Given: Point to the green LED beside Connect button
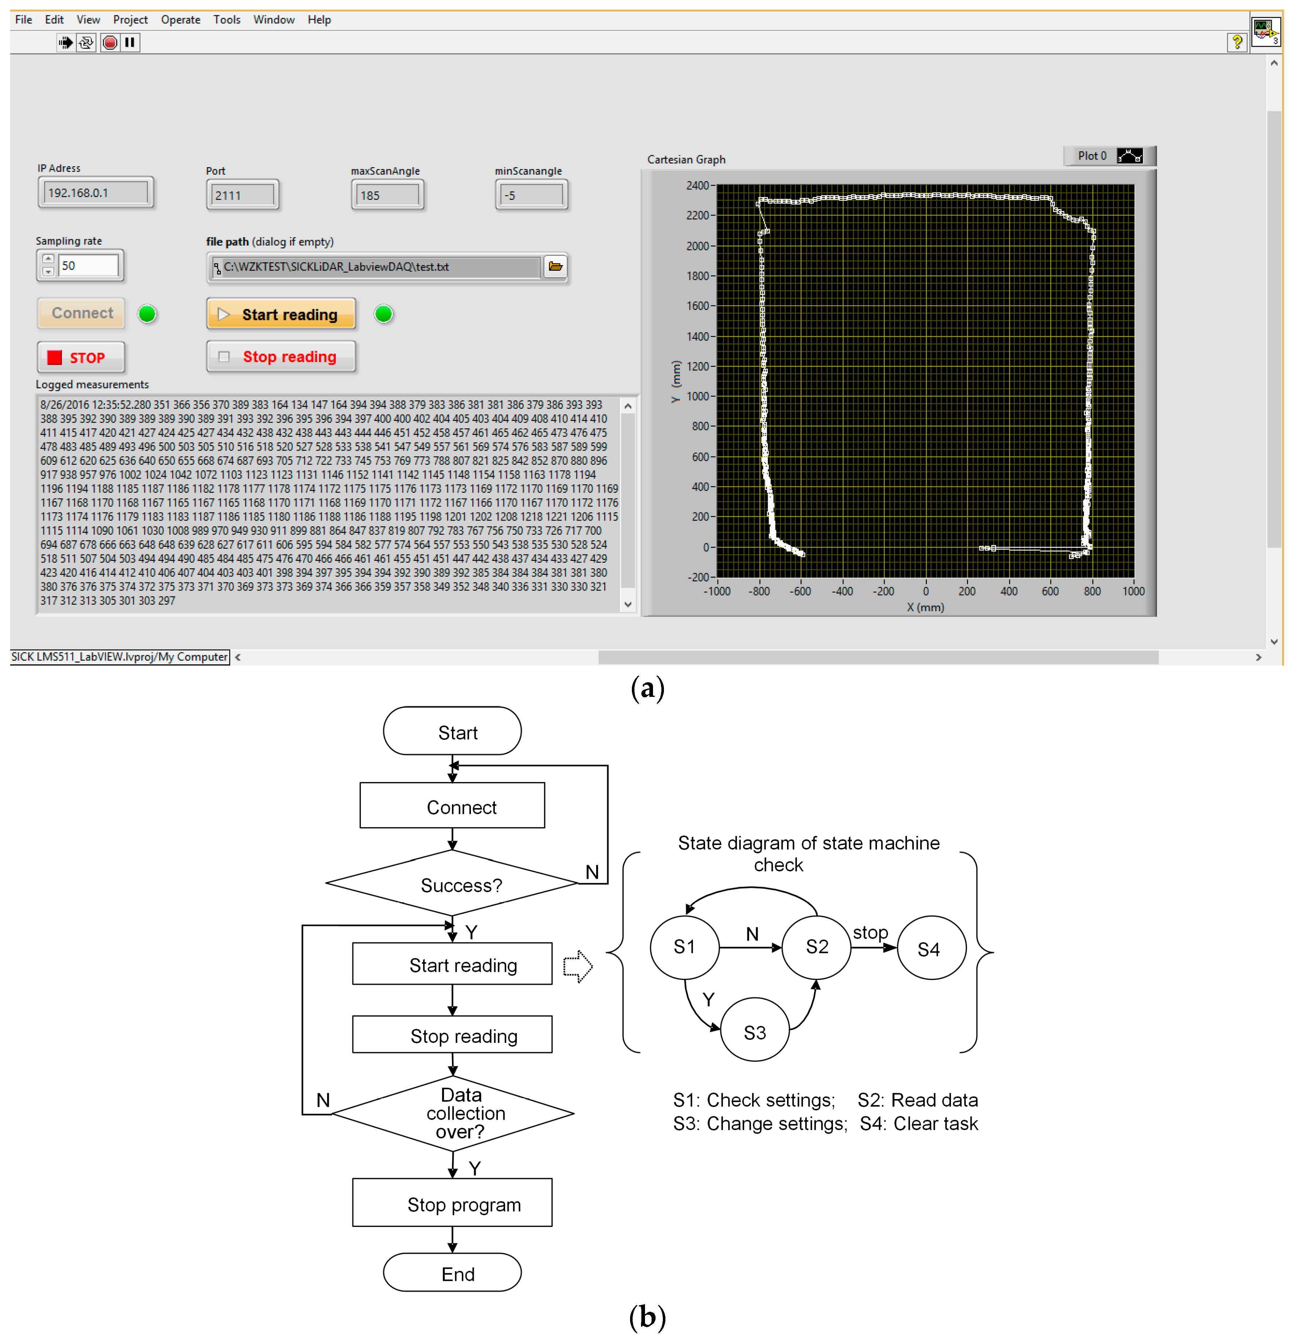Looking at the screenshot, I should (147, 314).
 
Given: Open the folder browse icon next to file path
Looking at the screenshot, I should (555, 266).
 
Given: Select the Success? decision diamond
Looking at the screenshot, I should (453, 884).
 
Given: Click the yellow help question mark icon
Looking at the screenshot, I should (1236, 43).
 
